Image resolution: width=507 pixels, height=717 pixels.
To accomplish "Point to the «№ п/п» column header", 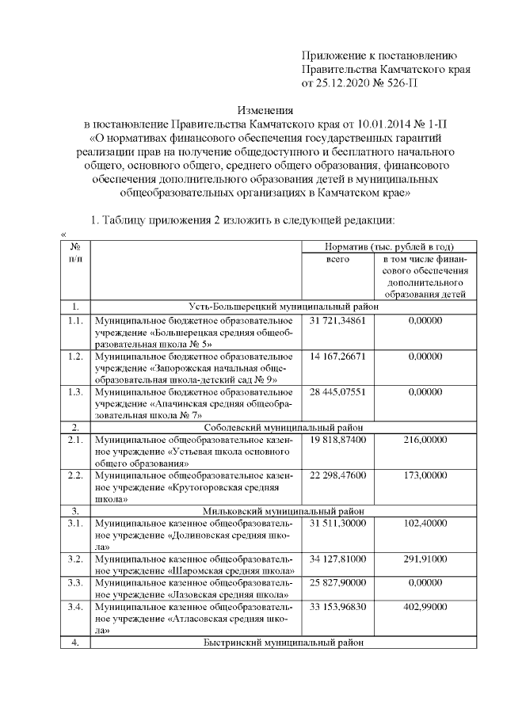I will pos(74,253).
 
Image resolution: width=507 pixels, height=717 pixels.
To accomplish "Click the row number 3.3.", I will pos(74,584).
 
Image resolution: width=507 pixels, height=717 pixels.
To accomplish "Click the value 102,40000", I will pos(425,523).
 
